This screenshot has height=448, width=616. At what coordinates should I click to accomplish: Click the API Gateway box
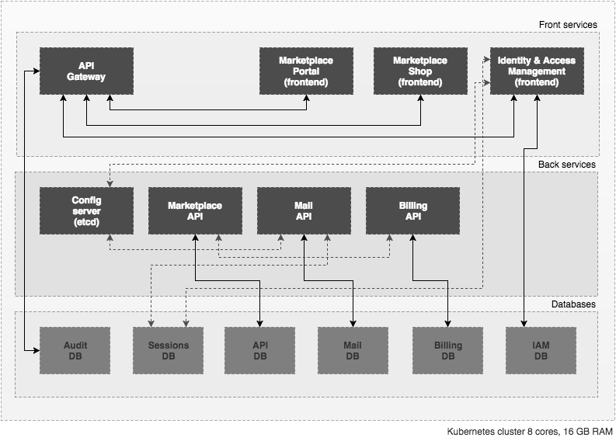[86, 71]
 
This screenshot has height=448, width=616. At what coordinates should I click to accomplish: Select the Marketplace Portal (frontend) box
[306, 71]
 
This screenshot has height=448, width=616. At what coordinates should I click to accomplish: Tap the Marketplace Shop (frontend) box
[420, 71]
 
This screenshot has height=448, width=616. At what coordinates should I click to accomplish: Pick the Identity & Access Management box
[537, 71]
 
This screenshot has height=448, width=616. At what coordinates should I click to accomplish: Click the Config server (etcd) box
[86, 211]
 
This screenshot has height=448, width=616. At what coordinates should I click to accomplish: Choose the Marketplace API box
[195, 211]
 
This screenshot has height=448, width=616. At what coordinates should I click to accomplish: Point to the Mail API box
[304, 211]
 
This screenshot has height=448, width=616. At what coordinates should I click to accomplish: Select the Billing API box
[412, 211]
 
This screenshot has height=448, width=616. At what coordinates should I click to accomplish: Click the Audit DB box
[75, 350]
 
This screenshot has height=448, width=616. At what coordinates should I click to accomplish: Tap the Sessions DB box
[169, 350]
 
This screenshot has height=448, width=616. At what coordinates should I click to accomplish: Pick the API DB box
[260, 350]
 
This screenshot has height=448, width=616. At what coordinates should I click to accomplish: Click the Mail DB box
[353, 350]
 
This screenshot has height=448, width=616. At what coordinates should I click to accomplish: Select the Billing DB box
[448, 350]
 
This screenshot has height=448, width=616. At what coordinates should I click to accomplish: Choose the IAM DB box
[541, 350]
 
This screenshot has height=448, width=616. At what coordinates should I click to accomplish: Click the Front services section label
[568, 25]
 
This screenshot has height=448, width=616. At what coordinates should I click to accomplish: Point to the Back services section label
[567, 165]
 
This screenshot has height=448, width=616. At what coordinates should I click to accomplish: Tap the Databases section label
[573, 304]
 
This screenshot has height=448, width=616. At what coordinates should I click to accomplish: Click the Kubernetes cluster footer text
[528, 431]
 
